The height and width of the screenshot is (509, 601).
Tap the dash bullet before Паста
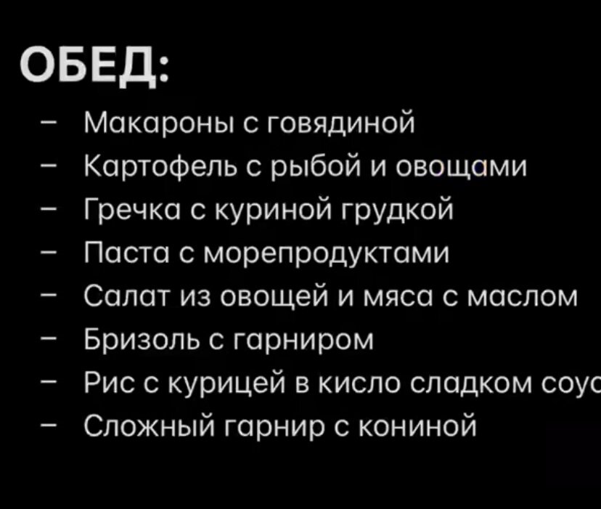[x=47, y=255]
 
